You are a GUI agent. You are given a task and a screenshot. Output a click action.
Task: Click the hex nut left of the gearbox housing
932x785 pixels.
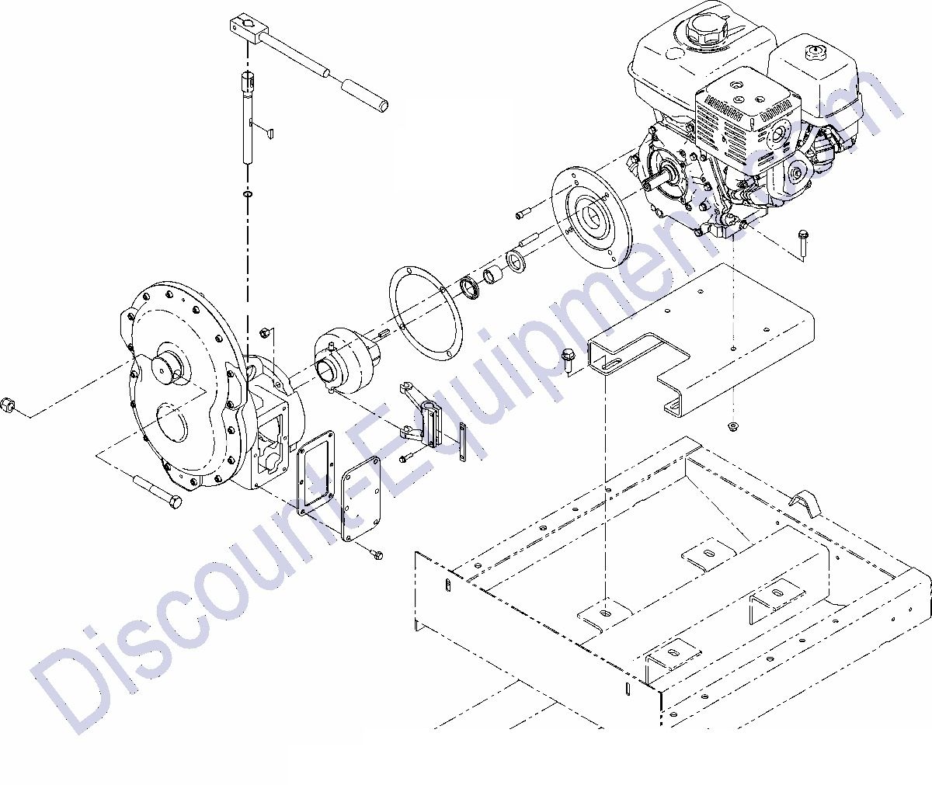(10, 405)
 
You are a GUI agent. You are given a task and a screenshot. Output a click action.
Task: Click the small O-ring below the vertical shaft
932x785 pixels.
(247, 193)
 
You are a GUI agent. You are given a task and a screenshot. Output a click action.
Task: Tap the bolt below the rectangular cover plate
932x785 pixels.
(377, 554)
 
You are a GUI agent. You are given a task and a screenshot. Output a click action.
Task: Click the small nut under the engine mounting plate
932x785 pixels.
(732, 427)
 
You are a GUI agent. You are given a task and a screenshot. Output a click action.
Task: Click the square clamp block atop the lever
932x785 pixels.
(246, 30)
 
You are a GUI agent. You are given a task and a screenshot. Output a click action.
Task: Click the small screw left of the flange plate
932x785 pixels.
(521, 210)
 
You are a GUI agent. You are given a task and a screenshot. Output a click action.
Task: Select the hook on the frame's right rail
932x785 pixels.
(807, 502)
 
